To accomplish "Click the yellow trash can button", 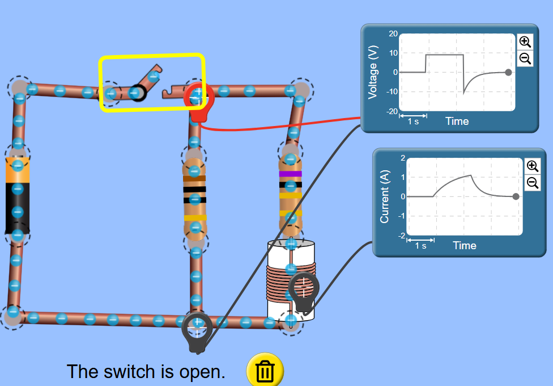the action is pyautogui.click(x=265, y=371).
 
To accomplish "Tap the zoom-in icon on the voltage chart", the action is pyautogui.click(x=525, y=41).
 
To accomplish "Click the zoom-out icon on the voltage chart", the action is pyautogui.click(x=525, y=58).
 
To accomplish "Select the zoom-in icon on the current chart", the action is pyautogui.click(x=533, y=166).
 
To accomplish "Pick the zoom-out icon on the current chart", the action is pyautogui.click(x=533, y=183).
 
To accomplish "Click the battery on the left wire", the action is pyautogui.click(x=17, y=195).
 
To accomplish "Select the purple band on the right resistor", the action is pyautogui.click(x=290, y=174).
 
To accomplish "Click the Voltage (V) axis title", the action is pyautogui.click(x=373, y=72).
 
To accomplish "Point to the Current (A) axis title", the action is pyautogui.click(x=384, y=196).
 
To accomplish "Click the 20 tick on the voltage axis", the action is pyautogui.click(x=393, y=33).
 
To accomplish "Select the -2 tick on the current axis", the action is pyautogui.click(x=402, y=236).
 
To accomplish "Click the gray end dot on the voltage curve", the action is pyautogui.click(x=508, y=73).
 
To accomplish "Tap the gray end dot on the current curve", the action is pyautogui.click(x=516, y=196).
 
